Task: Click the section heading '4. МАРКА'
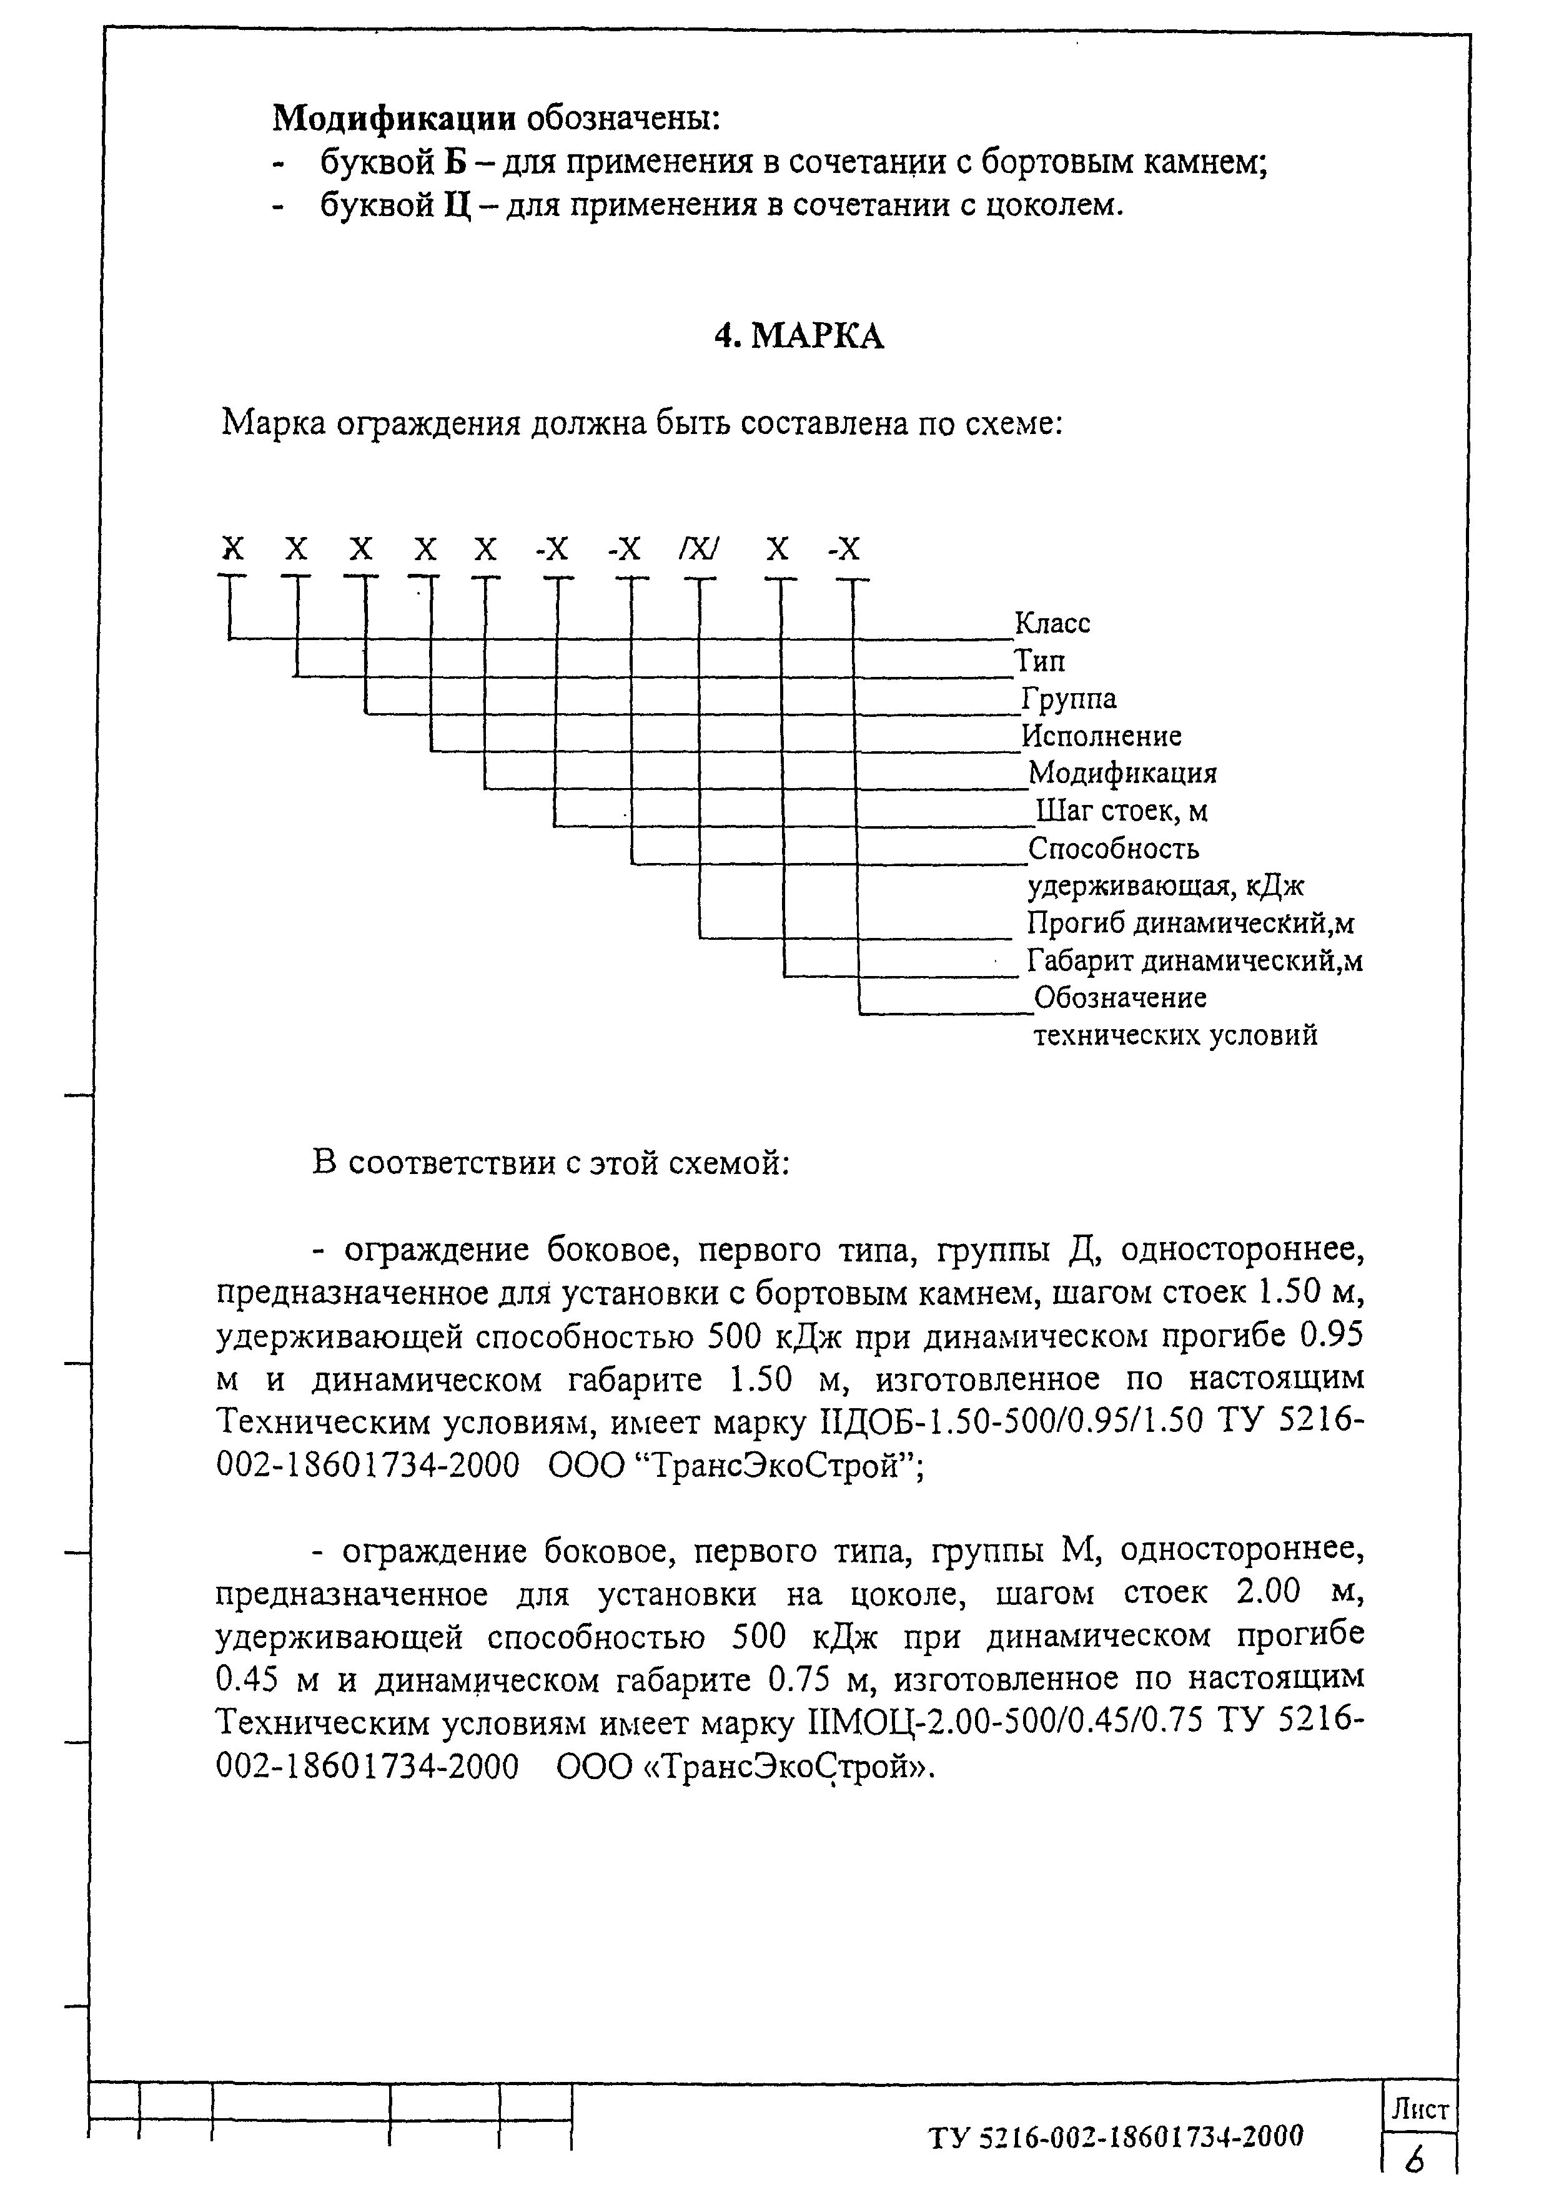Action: tap(799, 336)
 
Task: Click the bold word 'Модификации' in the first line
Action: tap(395, 119)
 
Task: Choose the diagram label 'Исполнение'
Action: tap(1102, 736)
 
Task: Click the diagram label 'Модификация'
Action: tap(1122, 772)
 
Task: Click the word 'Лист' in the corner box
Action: tap(1420, 2111)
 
